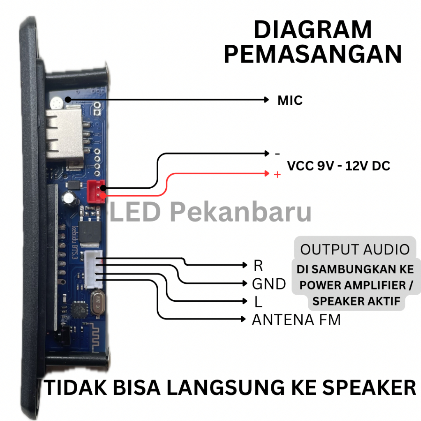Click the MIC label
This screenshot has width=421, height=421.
[290, 100]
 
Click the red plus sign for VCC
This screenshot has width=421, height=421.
[277, 175]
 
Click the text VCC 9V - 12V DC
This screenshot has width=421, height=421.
[338, 166]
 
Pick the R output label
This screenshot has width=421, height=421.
[258, 266]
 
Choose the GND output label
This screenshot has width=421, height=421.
[269, 284]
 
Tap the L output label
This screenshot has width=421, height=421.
[258, 302]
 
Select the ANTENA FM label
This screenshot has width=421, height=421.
[296, 320]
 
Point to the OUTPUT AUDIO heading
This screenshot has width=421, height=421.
[355, 249]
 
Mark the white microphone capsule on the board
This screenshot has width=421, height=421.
[56, 101]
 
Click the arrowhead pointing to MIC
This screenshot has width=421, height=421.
[266, 99]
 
